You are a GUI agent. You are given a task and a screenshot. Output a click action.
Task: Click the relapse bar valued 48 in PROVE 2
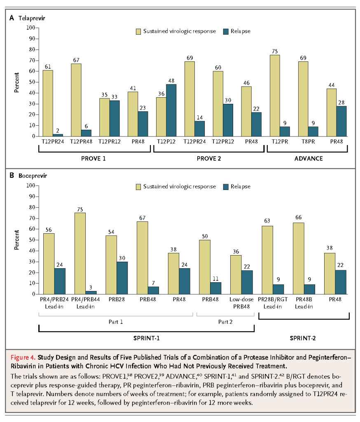(x=171, y=110)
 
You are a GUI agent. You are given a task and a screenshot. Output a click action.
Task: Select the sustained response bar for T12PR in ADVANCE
(x=275, y=96)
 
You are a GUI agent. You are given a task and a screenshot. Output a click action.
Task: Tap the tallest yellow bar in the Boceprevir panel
(x=80, y=253)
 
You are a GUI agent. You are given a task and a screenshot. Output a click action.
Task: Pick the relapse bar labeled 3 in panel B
(x=91, y=293)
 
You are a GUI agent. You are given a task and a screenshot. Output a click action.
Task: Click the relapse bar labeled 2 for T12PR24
(x=58, y=135)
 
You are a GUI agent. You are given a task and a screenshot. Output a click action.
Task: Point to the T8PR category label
(x=308, y=142)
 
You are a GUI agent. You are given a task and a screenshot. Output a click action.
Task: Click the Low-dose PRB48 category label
(x=241, y=303)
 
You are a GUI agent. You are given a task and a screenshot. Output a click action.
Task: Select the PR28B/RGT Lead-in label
(x=273, y=303)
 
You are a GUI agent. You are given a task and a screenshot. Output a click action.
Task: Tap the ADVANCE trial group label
(x=309, y=159)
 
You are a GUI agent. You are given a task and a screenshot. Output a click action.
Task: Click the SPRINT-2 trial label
(x=303, y=338)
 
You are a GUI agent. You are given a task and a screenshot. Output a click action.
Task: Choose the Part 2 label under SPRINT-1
(x=225, y=322)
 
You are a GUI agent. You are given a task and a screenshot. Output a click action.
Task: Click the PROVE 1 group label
(x=94, y=159)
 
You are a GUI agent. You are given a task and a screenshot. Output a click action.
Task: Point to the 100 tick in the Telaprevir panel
(x=30, y=28)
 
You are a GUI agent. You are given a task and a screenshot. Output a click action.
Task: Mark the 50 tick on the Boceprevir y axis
(x=32, y=240)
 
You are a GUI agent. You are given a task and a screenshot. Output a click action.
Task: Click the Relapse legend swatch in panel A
(x=226, y=31)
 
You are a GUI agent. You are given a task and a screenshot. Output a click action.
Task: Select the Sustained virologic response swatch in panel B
(x=138, y=187)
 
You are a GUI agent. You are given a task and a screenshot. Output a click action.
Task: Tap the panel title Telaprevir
(x=32, y=18)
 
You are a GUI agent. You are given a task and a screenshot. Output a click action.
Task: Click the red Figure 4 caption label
(x=23, y=357)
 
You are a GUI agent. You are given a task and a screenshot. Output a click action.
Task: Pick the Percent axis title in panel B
(x=16, y=240)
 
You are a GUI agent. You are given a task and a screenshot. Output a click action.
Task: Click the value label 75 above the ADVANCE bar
(x=275, y=52)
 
